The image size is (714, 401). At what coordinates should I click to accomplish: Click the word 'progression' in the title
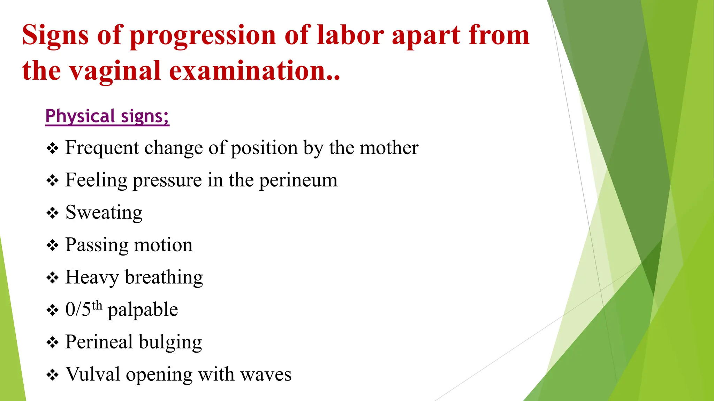click(203, 36)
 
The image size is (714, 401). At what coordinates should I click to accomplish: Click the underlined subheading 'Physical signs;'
click(107, 116)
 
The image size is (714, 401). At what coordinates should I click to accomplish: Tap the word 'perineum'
click(298, 181)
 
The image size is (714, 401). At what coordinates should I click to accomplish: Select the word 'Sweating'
click(104, 213)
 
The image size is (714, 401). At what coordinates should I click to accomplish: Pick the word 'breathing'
click(164, 277)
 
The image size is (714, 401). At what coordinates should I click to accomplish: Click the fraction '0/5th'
click(84, 309)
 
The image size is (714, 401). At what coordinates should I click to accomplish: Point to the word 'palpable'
click(143, 310)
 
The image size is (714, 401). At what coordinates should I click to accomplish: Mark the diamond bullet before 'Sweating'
click(53, 213)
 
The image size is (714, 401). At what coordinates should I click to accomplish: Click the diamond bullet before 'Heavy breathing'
click(53, 278)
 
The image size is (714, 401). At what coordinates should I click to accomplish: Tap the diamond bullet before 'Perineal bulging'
click(53, 343)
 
